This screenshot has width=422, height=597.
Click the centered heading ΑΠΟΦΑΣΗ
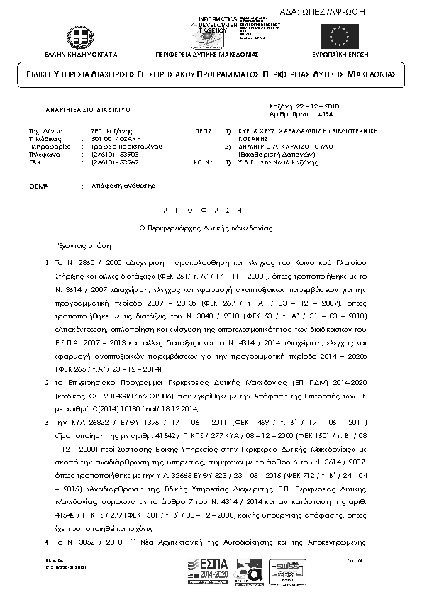210,211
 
